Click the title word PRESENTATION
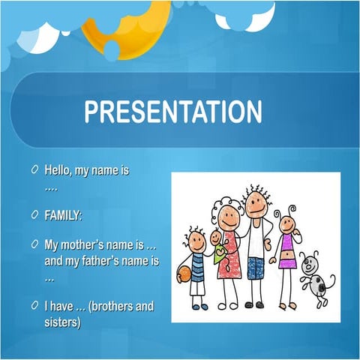(173, 112)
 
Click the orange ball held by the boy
(183, 275)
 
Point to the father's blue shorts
(256, 266)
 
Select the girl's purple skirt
(288, 262)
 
